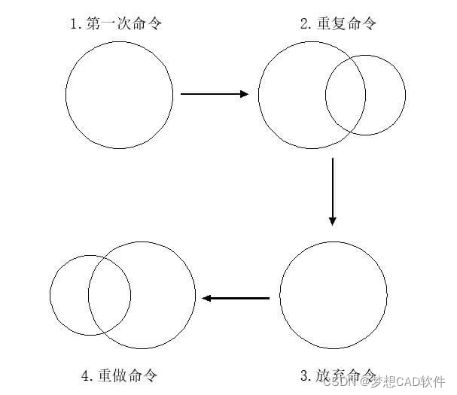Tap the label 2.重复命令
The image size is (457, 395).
point(338,23)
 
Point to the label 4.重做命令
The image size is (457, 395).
point(119,374)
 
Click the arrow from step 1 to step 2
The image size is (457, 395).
point(214,94)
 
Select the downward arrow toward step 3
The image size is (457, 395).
point(332,192)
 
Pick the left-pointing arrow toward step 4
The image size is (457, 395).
point(235,298)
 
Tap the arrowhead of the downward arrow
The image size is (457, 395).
point(332,220)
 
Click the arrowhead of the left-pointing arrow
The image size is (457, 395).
point(206,298)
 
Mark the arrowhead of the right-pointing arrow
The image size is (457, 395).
point(243,94)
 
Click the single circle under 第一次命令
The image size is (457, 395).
point(119,94)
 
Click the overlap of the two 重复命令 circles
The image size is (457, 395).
point(346,96)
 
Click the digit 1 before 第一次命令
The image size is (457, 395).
point(74,24)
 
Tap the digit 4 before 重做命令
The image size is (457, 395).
point(85,375)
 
